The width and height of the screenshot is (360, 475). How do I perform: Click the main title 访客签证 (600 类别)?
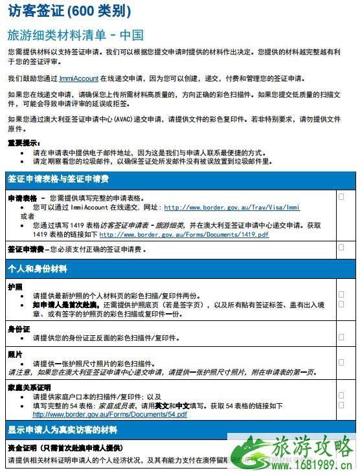click(x=69, y=11)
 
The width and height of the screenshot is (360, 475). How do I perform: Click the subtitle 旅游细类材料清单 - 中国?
click(x=75, y=34)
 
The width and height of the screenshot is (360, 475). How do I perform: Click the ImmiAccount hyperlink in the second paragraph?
click(x=78, y=78)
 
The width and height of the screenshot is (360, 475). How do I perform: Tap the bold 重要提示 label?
click(x=22, y=142)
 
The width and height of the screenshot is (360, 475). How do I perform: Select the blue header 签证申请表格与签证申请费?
click(x=58, y=179)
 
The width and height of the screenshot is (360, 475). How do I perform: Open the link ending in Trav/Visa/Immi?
click(x=232, y=208)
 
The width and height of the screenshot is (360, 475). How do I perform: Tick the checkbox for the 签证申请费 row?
click(x=341, y=247)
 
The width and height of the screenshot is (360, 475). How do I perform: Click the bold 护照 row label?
click(x=15, y=285)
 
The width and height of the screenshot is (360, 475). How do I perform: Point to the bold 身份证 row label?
click(x=19, y=329)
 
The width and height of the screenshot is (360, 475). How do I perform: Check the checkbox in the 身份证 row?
click(x=341, y=337)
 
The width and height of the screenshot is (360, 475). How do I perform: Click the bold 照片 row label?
click(x=15, y=354)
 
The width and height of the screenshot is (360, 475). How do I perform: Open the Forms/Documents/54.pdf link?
click(x=109, y=414)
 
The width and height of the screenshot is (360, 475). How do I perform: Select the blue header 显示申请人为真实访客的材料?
click(x=62, y=428)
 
